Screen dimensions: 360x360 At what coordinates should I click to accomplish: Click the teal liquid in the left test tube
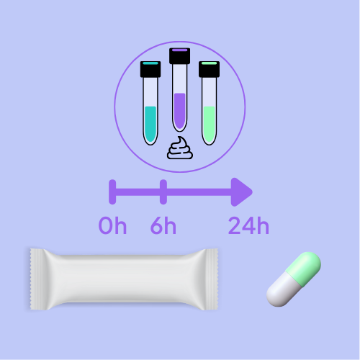point(150,124)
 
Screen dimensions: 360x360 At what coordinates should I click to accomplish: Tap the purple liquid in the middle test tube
point(180,111)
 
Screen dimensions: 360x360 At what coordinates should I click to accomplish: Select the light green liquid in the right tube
point(209,124)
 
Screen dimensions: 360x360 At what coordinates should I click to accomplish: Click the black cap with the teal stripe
point(150,69)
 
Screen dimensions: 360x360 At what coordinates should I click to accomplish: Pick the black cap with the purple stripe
point(180,56)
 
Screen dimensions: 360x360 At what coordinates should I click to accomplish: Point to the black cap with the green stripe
point(209,69)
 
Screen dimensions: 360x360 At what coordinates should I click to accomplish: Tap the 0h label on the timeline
point(112,225)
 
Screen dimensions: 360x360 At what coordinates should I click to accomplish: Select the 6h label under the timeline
point(163,225)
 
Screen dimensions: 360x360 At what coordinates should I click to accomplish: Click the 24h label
point(248,225)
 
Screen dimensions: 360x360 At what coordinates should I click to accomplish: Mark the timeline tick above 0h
point(112,192)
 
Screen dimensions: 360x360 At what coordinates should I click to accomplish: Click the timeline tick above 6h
point(163,192)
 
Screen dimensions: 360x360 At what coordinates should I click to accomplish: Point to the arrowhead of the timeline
point(241,192)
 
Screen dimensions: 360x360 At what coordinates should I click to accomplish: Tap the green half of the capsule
point(305,268)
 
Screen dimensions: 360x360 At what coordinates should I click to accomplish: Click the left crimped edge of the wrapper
point(37,279)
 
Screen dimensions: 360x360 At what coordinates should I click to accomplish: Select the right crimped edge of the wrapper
point(211,279)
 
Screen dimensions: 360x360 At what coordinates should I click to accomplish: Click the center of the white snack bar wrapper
point(124,279)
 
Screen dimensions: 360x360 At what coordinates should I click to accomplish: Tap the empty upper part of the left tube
point(150,91)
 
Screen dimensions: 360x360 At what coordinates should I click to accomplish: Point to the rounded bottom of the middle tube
point(180,127)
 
